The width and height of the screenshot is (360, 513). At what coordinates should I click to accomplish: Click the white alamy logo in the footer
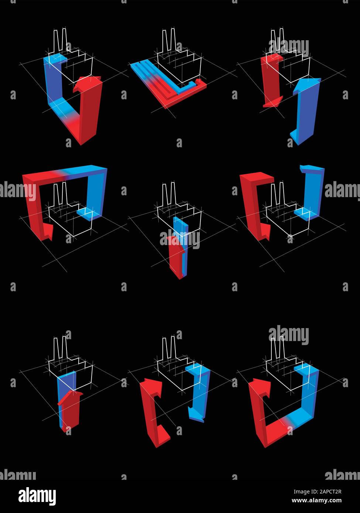coord(37,496)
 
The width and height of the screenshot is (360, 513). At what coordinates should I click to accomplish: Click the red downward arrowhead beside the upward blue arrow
coord(273,101)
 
